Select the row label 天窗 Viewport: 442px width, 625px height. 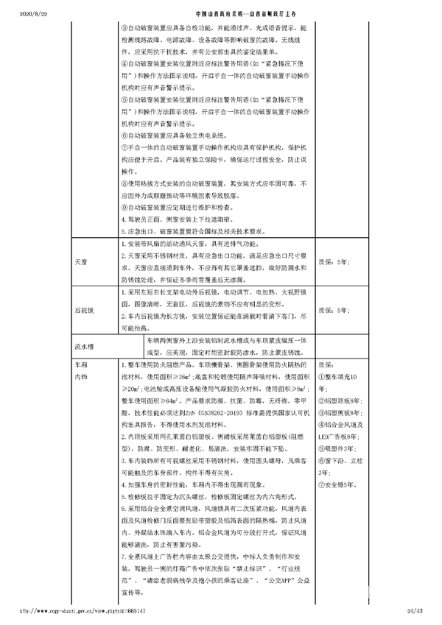pos(80,261)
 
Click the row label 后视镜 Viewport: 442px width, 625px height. pos(83,311)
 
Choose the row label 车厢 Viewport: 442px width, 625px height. pos(80,364)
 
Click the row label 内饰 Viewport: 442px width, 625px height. pos(80,376)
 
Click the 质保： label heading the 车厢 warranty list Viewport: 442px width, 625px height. pos(326,364)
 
